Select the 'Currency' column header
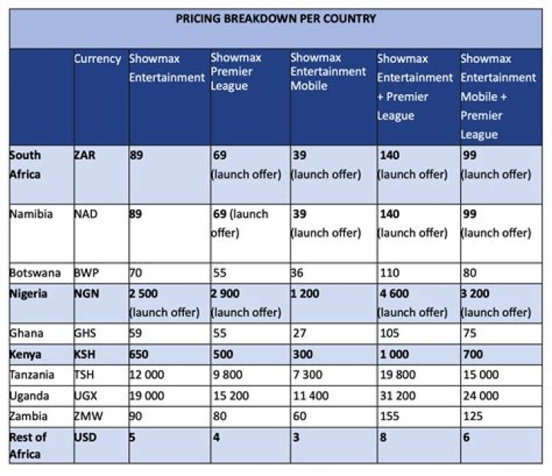pyautogui.click(x=97, y=59)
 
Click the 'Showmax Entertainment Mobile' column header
pyautogui.click(x=328, y=71)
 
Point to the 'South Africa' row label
pyautogui.click(x=25, y=164)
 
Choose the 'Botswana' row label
pyautogui.click(x=34, y=273)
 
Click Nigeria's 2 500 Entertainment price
pyautogui.click(x=143, y=294)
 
